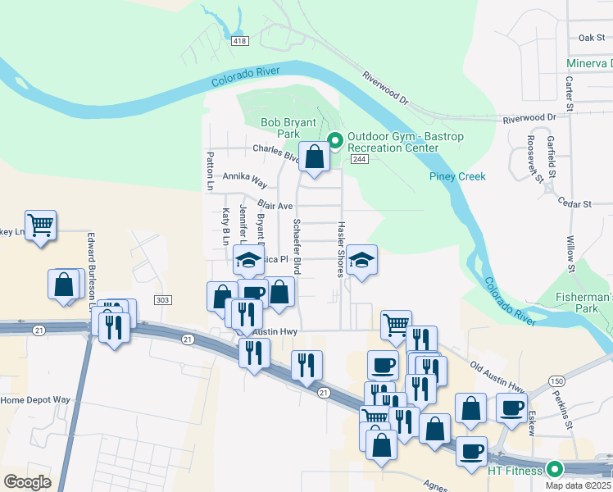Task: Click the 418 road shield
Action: (x=240, y=41)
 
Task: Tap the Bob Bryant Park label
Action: (x=288, y=128)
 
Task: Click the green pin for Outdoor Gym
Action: (x=334, y=141)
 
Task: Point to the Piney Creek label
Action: (x=457, y=176)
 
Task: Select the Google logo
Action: (x=27, y=481)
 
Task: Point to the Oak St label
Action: (x=591, y=38)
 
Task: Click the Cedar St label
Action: (x=574, y=203)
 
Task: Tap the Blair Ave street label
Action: (x=275, y=205)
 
